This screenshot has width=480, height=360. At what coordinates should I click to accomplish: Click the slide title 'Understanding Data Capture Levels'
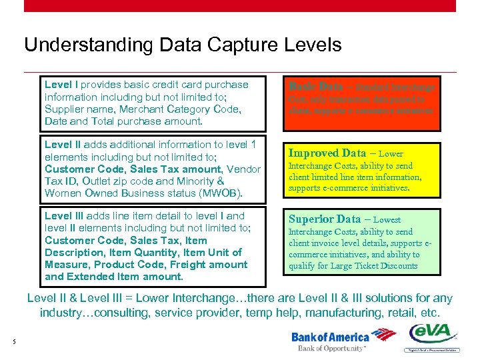(x=183, y=45)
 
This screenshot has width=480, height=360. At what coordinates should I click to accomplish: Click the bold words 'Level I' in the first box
(x=61, y=85)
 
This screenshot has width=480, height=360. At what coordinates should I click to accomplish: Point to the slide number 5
(x=14, y=343)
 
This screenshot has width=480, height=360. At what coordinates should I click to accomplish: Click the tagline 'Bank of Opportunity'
(x=331, y=348)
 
